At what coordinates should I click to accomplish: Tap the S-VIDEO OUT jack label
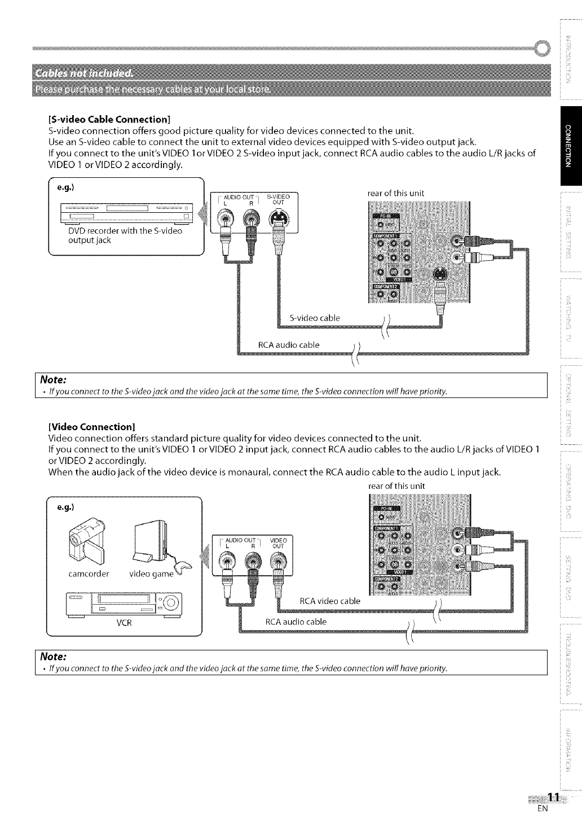click(278, 199)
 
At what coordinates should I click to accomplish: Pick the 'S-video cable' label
click(314, 318)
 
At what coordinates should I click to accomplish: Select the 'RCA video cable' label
click(329, 601)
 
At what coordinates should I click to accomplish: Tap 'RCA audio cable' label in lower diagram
click(296, 622)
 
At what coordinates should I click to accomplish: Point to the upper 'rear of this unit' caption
click(395, 193)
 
